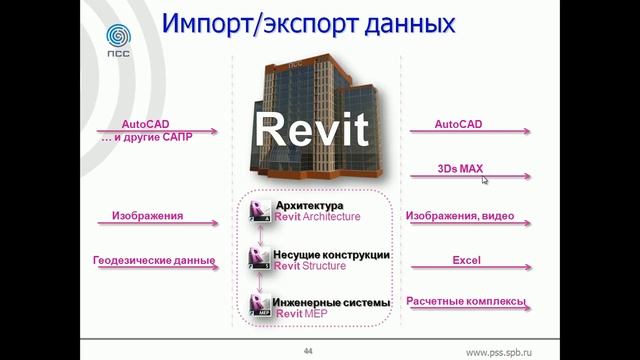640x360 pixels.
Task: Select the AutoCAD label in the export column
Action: [x=459, y=125]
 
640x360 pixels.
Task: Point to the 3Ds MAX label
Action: [x=460, y=169]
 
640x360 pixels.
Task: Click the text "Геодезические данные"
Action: [x=155, y=260]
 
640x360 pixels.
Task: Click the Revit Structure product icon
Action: [x=260, y=259]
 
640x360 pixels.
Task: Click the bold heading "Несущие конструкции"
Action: [x=332, y=255]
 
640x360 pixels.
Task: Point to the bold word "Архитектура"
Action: [x=309, y=206]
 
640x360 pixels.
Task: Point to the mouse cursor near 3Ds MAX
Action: [x=485, y=180]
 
